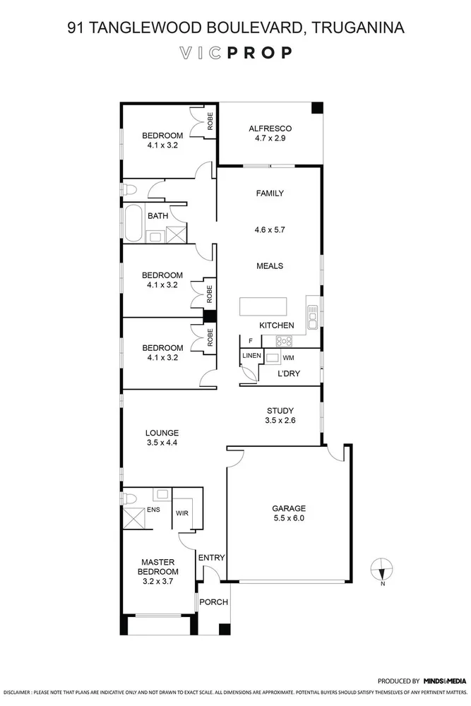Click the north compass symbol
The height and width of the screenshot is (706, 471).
(381, 568)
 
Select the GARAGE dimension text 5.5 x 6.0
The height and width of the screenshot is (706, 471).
(289, 517)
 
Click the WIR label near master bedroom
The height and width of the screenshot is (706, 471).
(181, 513)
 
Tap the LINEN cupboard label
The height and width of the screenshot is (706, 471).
(252, 355)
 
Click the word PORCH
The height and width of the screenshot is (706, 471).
(213, 602)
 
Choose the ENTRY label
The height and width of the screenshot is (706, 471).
(211, 558)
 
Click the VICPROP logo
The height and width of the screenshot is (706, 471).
(235, 53)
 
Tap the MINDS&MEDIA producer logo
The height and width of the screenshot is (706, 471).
(444, 681)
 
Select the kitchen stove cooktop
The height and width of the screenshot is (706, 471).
(284, 340)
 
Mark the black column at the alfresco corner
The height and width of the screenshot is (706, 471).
(317, 108)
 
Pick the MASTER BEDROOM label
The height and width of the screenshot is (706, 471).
(158, 567)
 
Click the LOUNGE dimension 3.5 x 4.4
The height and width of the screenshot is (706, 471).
(162, 443)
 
